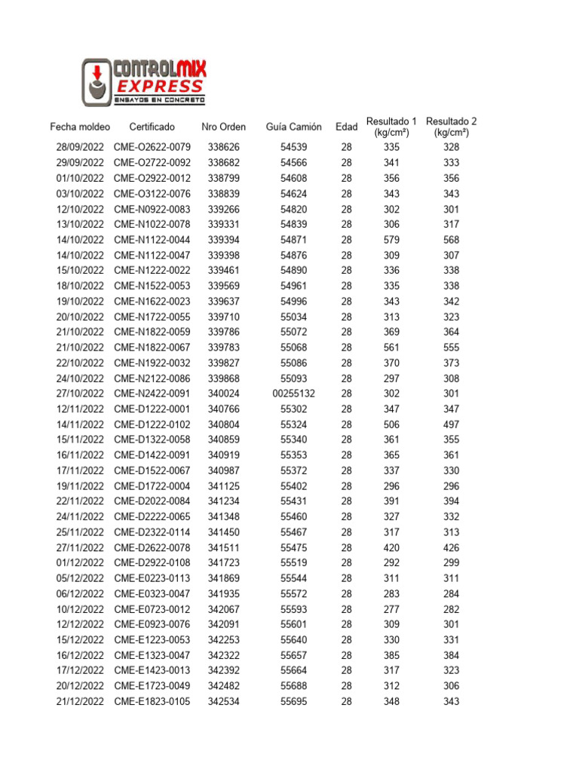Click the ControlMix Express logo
point(143,83)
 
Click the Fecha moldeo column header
point(80,127)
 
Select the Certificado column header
point(152,127)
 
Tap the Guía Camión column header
point(293,127)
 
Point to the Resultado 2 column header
point(451,127)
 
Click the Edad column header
point(346,127)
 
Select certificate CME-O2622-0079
point(152,147)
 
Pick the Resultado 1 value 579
point(391,240)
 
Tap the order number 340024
point(223,394)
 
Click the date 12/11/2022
point(80,409)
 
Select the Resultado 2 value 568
point(451,240)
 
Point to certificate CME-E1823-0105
point(152,702)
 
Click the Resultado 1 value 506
point(391,424)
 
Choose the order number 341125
point(223,486)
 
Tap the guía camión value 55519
point(293,563)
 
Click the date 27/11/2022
point(80,547)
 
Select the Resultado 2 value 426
point(451,547)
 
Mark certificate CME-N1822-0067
point(152,348)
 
